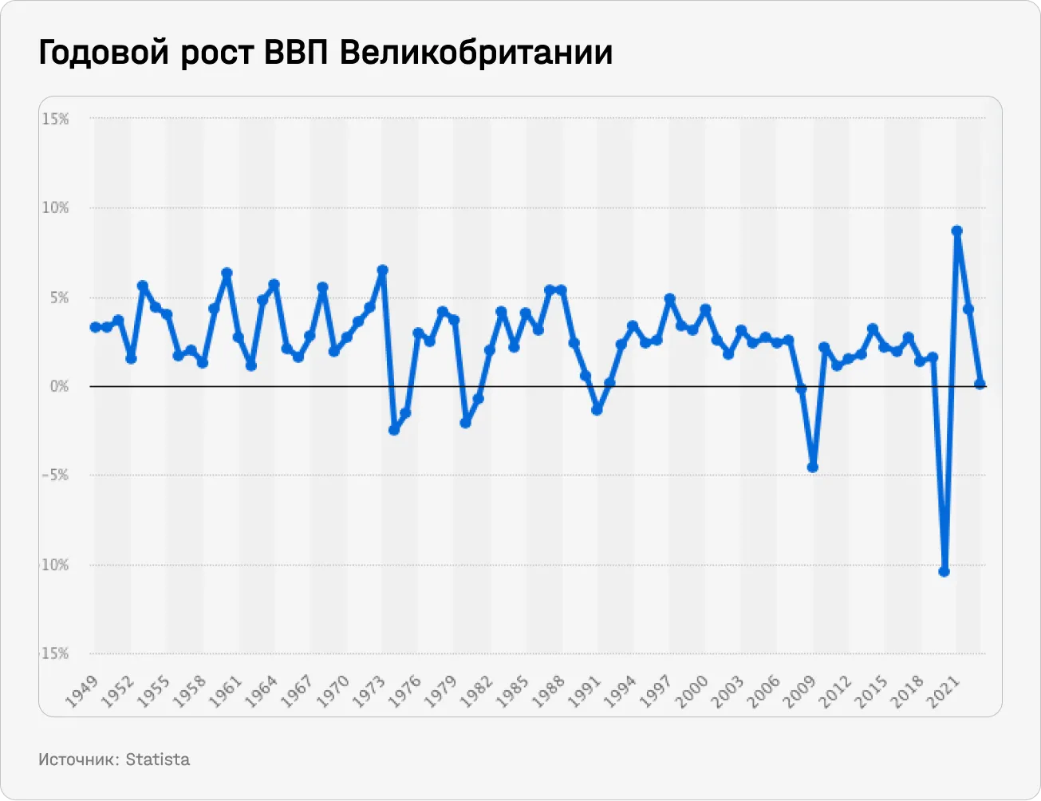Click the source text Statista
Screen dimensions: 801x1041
click(158, 759)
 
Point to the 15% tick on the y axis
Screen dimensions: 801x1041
click(56, 119)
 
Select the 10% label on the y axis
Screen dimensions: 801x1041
click(56, 208)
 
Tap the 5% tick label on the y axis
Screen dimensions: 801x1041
click(59, 298)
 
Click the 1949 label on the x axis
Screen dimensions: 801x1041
click(81, 690)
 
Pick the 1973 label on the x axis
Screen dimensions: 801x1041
click(369, 690)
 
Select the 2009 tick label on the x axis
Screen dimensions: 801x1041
click(798, 690)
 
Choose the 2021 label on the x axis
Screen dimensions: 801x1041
click(942, 690)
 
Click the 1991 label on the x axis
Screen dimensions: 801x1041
click(583, 690)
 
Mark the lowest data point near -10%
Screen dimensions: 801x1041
click(944, 571)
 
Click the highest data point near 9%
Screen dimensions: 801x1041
click(956, 231)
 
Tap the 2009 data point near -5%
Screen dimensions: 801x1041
click(813, 467)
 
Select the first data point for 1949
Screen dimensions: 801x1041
click(95, 326)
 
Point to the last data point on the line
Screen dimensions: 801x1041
click(980, 384)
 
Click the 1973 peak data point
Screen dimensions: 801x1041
click(382, 270)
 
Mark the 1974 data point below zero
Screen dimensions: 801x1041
click(394, 429)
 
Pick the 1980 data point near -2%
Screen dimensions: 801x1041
click(466, 422)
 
